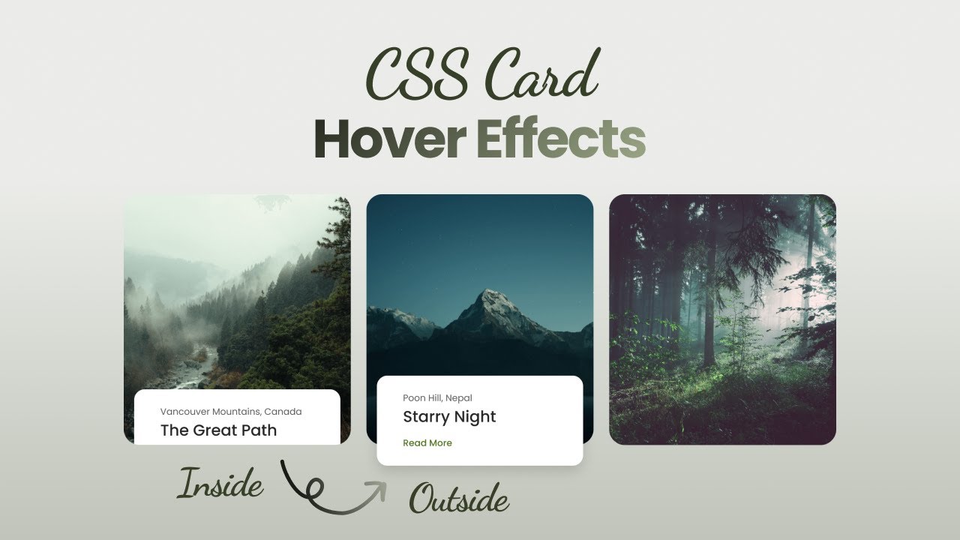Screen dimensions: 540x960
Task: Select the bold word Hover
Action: point(389,138)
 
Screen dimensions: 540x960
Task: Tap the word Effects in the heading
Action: point(560,138)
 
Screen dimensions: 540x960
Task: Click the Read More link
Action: point(427,443)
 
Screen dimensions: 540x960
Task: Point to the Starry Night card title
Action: point(449,417)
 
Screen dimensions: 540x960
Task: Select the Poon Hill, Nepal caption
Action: point(437,398)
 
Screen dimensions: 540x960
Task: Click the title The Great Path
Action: point(218,430)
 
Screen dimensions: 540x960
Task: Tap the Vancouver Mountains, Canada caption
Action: point(231,412)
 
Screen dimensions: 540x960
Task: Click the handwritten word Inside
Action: point(220,484)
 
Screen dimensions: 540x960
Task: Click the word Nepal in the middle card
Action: point(458,398)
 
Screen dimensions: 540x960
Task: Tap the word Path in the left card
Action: point(259,430)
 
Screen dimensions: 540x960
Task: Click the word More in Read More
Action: point(440,443)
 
